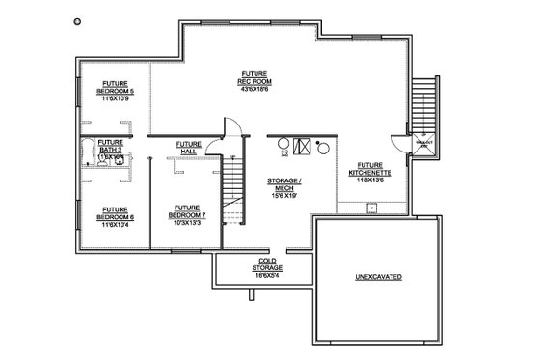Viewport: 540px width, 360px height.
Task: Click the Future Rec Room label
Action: (x=256, y=77)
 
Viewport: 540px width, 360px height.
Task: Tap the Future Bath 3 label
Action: (x=110, y=146)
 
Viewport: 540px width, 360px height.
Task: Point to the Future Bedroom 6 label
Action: (x=115, y=212)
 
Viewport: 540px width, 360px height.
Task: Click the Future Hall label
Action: (x=189, y=148)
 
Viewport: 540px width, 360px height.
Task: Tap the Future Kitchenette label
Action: (x=370, y=169)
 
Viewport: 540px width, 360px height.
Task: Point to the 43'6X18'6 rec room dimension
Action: (x=256, y=89)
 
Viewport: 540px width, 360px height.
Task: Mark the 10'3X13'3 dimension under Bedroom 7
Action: (x=188, y=224)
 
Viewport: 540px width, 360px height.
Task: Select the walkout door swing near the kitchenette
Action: (x=421, y=143)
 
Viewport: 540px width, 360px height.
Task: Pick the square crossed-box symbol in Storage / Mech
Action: (x=303, y=147)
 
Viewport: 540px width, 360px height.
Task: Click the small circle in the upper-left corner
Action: (x=77, y=20)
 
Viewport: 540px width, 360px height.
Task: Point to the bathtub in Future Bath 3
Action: (x=90, y=152)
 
